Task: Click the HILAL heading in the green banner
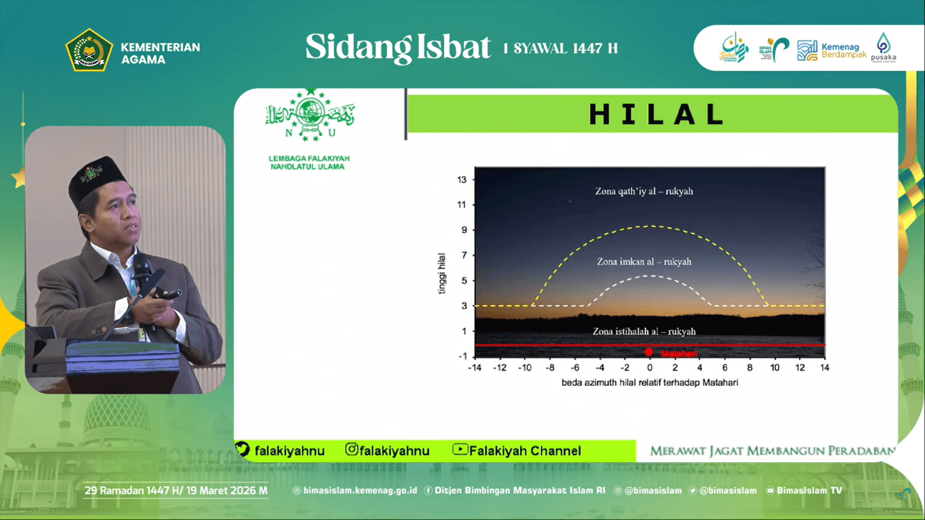click(x=656, y=115)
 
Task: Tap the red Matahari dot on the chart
click(x=648, y=352)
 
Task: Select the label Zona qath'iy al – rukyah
click(x=644, y=191)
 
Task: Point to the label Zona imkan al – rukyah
click(x=644, y=261)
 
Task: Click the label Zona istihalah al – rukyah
click(x=644, y=331)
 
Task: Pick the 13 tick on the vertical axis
click(x=462, y=180)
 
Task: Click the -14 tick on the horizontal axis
click(x=475, y=368)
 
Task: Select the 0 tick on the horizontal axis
click(x=650, y=368)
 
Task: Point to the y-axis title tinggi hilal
click(x=441, y=273)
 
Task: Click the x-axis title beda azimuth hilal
click(x=649, y=383)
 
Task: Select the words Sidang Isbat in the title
click(x=397, y=47)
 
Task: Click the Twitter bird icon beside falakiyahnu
click(x=242, y=449)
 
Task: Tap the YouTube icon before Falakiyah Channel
click(x=460, y=449)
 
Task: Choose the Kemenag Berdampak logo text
click(x=843, y=51)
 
